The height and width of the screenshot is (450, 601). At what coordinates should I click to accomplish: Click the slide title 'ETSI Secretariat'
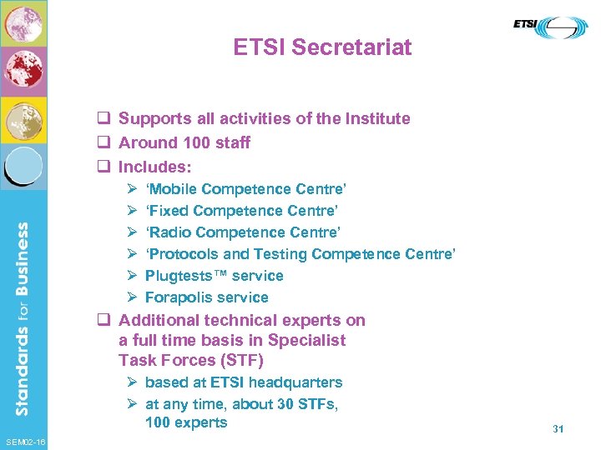322,47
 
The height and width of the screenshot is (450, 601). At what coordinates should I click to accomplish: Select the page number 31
558,428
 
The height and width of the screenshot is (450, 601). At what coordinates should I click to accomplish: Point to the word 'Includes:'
155,167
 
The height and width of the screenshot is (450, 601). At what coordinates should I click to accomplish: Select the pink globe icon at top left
23,24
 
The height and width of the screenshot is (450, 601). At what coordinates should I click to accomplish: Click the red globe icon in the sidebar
23,71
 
